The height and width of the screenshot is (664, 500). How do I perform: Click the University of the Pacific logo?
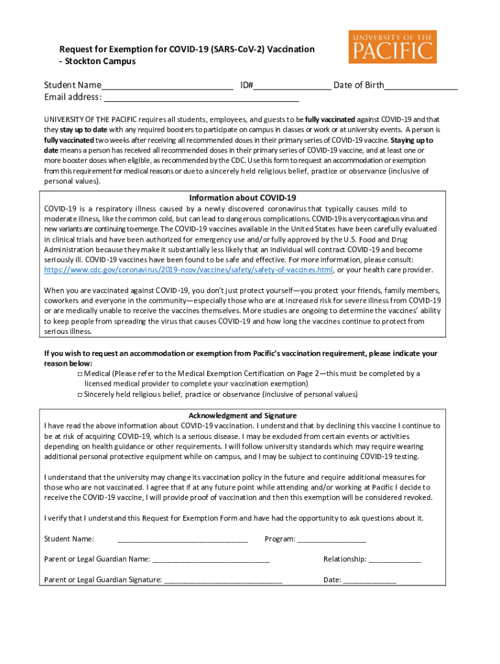click(392, 46)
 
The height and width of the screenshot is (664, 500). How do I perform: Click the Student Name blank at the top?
click(167, 86)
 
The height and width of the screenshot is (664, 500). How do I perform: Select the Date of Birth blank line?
click(421, 86)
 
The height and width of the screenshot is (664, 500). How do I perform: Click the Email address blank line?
click(201, 98)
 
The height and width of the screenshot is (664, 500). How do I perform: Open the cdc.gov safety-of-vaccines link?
click(188, 270)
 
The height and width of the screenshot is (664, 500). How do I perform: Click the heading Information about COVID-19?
click(243, 197)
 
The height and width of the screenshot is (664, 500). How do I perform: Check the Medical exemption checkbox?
click(79, 374)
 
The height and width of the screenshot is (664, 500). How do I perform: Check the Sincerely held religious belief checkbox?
click(79, 394)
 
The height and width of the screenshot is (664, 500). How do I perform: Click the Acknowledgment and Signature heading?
click(243, 415)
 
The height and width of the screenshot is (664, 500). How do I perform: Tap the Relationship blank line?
click(395, 560)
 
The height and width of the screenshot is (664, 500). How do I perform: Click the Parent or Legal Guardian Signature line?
click(223, 580)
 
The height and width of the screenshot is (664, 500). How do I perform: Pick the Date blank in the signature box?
click(369, 580)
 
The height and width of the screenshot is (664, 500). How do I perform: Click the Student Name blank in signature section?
click(182, 539)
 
